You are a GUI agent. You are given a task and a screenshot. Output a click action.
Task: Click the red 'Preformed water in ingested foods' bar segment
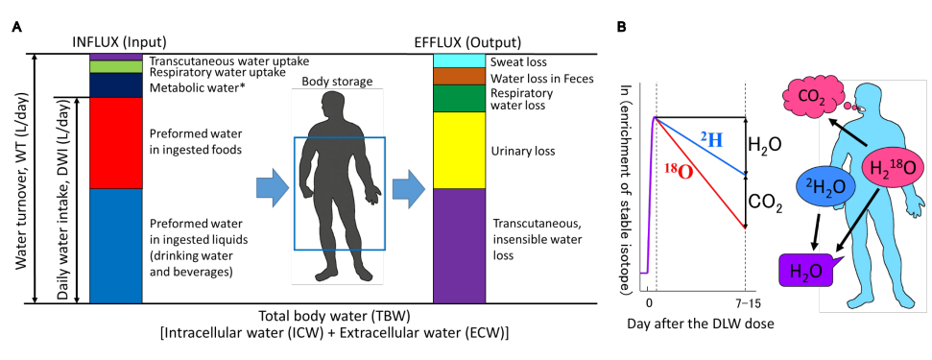click(116, 143)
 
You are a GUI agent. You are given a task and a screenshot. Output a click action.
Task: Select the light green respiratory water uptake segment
click(116, 66)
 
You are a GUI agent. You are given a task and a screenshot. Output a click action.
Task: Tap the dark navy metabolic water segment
click(116, 84)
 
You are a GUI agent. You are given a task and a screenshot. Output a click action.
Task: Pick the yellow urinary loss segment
click(460, 151)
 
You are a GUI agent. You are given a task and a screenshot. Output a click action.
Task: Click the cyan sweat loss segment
click(460, 60)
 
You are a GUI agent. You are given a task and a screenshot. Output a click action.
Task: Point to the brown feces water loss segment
click(460, 77)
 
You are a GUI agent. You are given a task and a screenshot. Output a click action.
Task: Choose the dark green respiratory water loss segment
click(460, 99)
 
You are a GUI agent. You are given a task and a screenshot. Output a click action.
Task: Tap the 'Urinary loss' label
click(523, 152)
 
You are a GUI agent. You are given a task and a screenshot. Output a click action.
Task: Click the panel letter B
click(621, 27)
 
